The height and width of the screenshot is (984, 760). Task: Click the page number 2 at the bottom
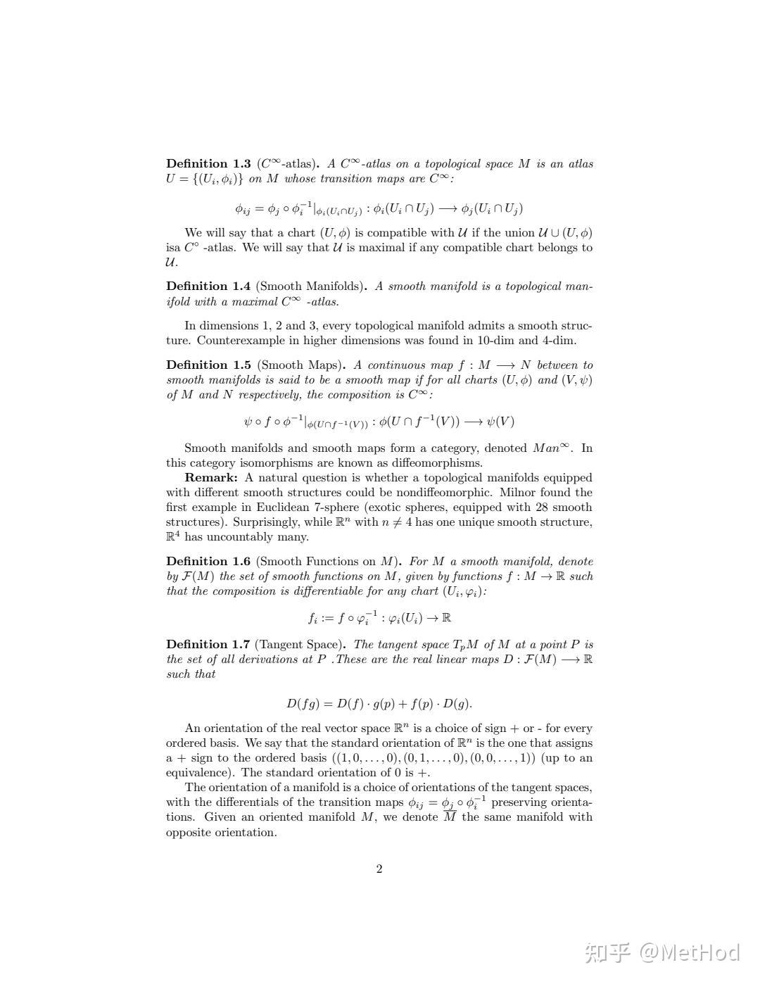pos(379,869)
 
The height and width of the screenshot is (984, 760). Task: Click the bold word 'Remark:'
pos(211,478)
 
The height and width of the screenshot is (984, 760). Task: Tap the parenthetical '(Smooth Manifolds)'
pos(311,286)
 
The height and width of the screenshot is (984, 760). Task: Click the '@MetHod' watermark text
pos(690,952)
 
